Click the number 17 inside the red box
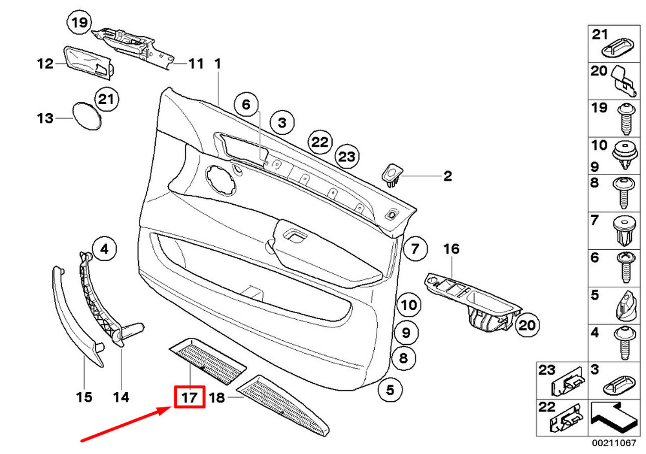(189, 397)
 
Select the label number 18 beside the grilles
(216, 398)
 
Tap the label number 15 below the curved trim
(85, 397)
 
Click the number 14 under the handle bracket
(121, 397)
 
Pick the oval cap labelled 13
(85, 116)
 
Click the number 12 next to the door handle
(45, 64)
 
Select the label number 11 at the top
(196, 64)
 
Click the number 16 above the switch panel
(451, 249)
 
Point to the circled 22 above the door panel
(320, 142)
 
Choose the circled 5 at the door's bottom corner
(391, 389)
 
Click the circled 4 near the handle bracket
(104, 247)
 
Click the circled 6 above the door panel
(245, 103)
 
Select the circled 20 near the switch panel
(527, 325)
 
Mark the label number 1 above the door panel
(218, 64)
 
